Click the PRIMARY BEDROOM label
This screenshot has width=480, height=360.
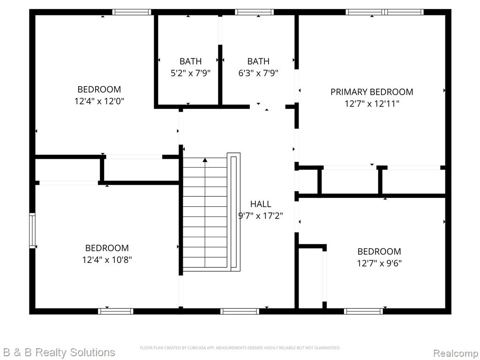coord(372,92)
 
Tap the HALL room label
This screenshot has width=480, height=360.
coord(261,204)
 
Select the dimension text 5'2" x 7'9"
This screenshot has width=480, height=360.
coord(190,73)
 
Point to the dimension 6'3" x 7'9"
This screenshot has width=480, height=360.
coord(258,73)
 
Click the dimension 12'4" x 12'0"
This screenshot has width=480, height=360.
coord(99,101)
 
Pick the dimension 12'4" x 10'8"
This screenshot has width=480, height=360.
coord(107,260)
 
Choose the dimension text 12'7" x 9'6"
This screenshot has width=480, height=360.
coord(379,263)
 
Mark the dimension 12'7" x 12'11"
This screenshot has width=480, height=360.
coord(372,104)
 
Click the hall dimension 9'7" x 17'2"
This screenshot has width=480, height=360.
coord(261,216)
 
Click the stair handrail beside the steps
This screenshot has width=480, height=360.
coord(233,212)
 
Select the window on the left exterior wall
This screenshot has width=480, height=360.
coord(32,230)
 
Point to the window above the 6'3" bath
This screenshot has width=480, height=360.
coord(254,12)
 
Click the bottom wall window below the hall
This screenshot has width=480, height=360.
coord(240,311)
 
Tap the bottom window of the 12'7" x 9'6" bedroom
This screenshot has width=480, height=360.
coord(363,311)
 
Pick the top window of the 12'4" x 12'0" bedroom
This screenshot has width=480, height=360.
coord(132,12)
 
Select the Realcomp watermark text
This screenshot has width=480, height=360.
coord(456,353)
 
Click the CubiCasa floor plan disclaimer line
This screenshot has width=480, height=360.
coord(240,348)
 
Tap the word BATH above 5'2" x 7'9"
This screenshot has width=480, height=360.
coord(190,61)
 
